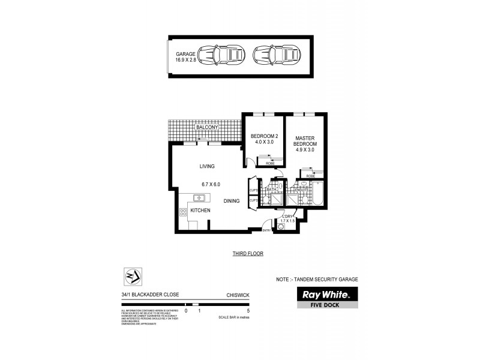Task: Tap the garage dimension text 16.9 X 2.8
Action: pyautogui.click(x=186, y=60)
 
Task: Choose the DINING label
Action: pyautogui.click(x=232, y=201)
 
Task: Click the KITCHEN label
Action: pyautogui.click(x=200, y=211)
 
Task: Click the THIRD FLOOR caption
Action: pyautogui.click(x=248, y=254)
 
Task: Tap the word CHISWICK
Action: pyautogui.click(x=238, y=295)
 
